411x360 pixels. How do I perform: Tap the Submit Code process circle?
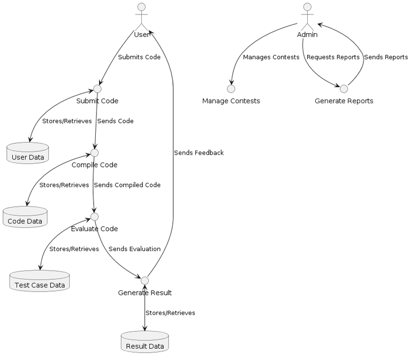97,89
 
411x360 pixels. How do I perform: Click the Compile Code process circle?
95,153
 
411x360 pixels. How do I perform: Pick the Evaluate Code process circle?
95,217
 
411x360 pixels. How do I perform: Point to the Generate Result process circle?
144,280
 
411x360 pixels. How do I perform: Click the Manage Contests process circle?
231,89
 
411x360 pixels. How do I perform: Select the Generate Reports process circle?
344,89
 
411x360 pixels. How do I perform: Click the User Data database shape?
28,153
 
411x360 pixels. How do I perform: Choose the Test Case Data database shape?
40,281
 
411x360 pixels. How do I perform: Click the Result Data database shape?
144,342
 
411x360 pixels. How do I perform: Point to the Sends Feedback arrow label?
199,153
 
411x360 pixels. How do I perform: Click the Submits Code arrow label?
139,57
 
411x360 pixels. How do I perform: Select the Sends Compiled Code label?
127,185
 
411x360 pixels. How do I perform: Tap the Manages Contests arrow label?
271,57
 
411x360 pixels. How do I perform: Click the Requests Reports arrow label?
333,57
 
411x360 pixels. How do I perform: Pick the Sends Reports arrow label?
386,57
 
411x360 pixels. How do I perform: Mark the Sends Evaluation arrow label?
134,249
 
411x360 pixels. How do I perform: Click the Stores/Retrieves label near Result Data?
170,313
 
